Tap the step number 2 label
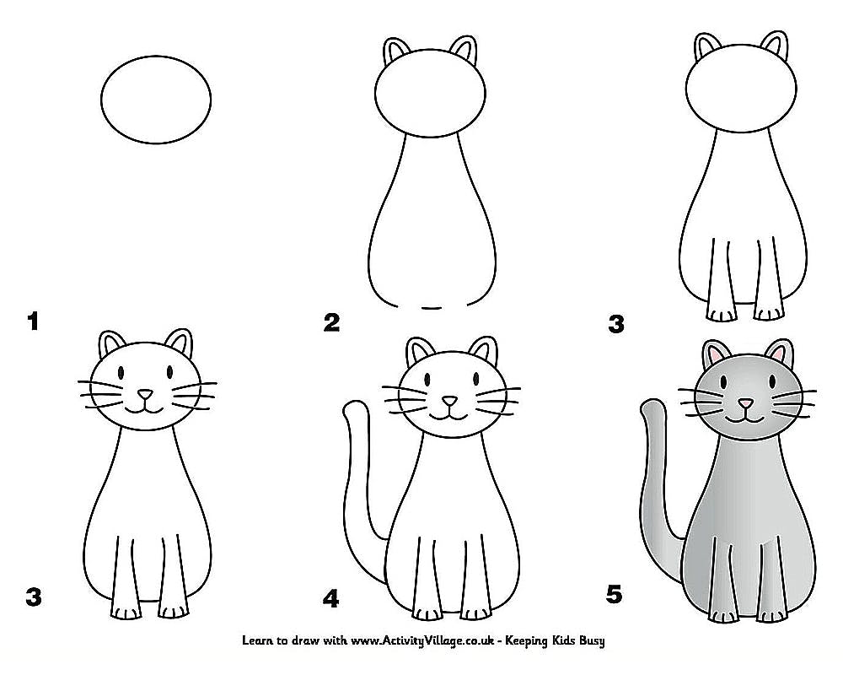[332, 321]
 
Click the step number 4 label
[330, 599]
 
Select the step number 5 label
[615, 595]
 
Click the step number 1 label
[34, 321]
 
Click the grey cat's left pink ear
[713, 354]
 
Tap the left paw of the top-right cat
[719, 315]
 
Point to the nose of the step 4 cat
[450, 401]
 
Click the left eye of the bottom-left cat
[121, 371]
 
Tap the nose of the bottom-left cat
[146, 394]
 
